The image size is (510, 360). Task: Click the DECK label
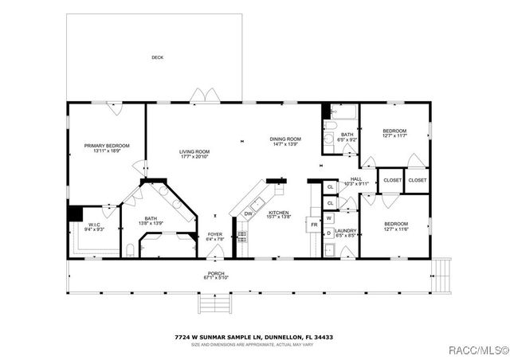pos(157,57)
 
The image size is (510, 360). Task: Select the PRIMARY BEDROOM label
pos(107,146)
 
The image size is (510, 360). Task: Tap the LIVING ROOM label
pos(194,151)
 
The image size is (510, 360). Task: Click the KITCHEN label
pos(278,213)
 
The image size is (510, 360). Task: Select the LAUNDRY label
pos(345,231)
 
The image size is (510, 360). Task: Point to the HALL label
pos(356,179)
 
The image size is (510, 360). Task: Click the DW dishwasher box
pos(248,213)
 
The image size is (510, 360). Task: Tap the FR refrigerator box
pos(314,225)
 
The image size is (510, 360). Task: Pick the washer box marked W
pos(329,217)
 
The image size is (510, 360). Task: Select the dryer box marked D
pos(329,233)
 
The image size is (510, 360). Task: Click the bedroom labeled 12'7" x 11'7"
pos(394,131)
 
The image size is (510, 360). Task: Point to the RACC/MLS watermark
pos(476,350)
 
